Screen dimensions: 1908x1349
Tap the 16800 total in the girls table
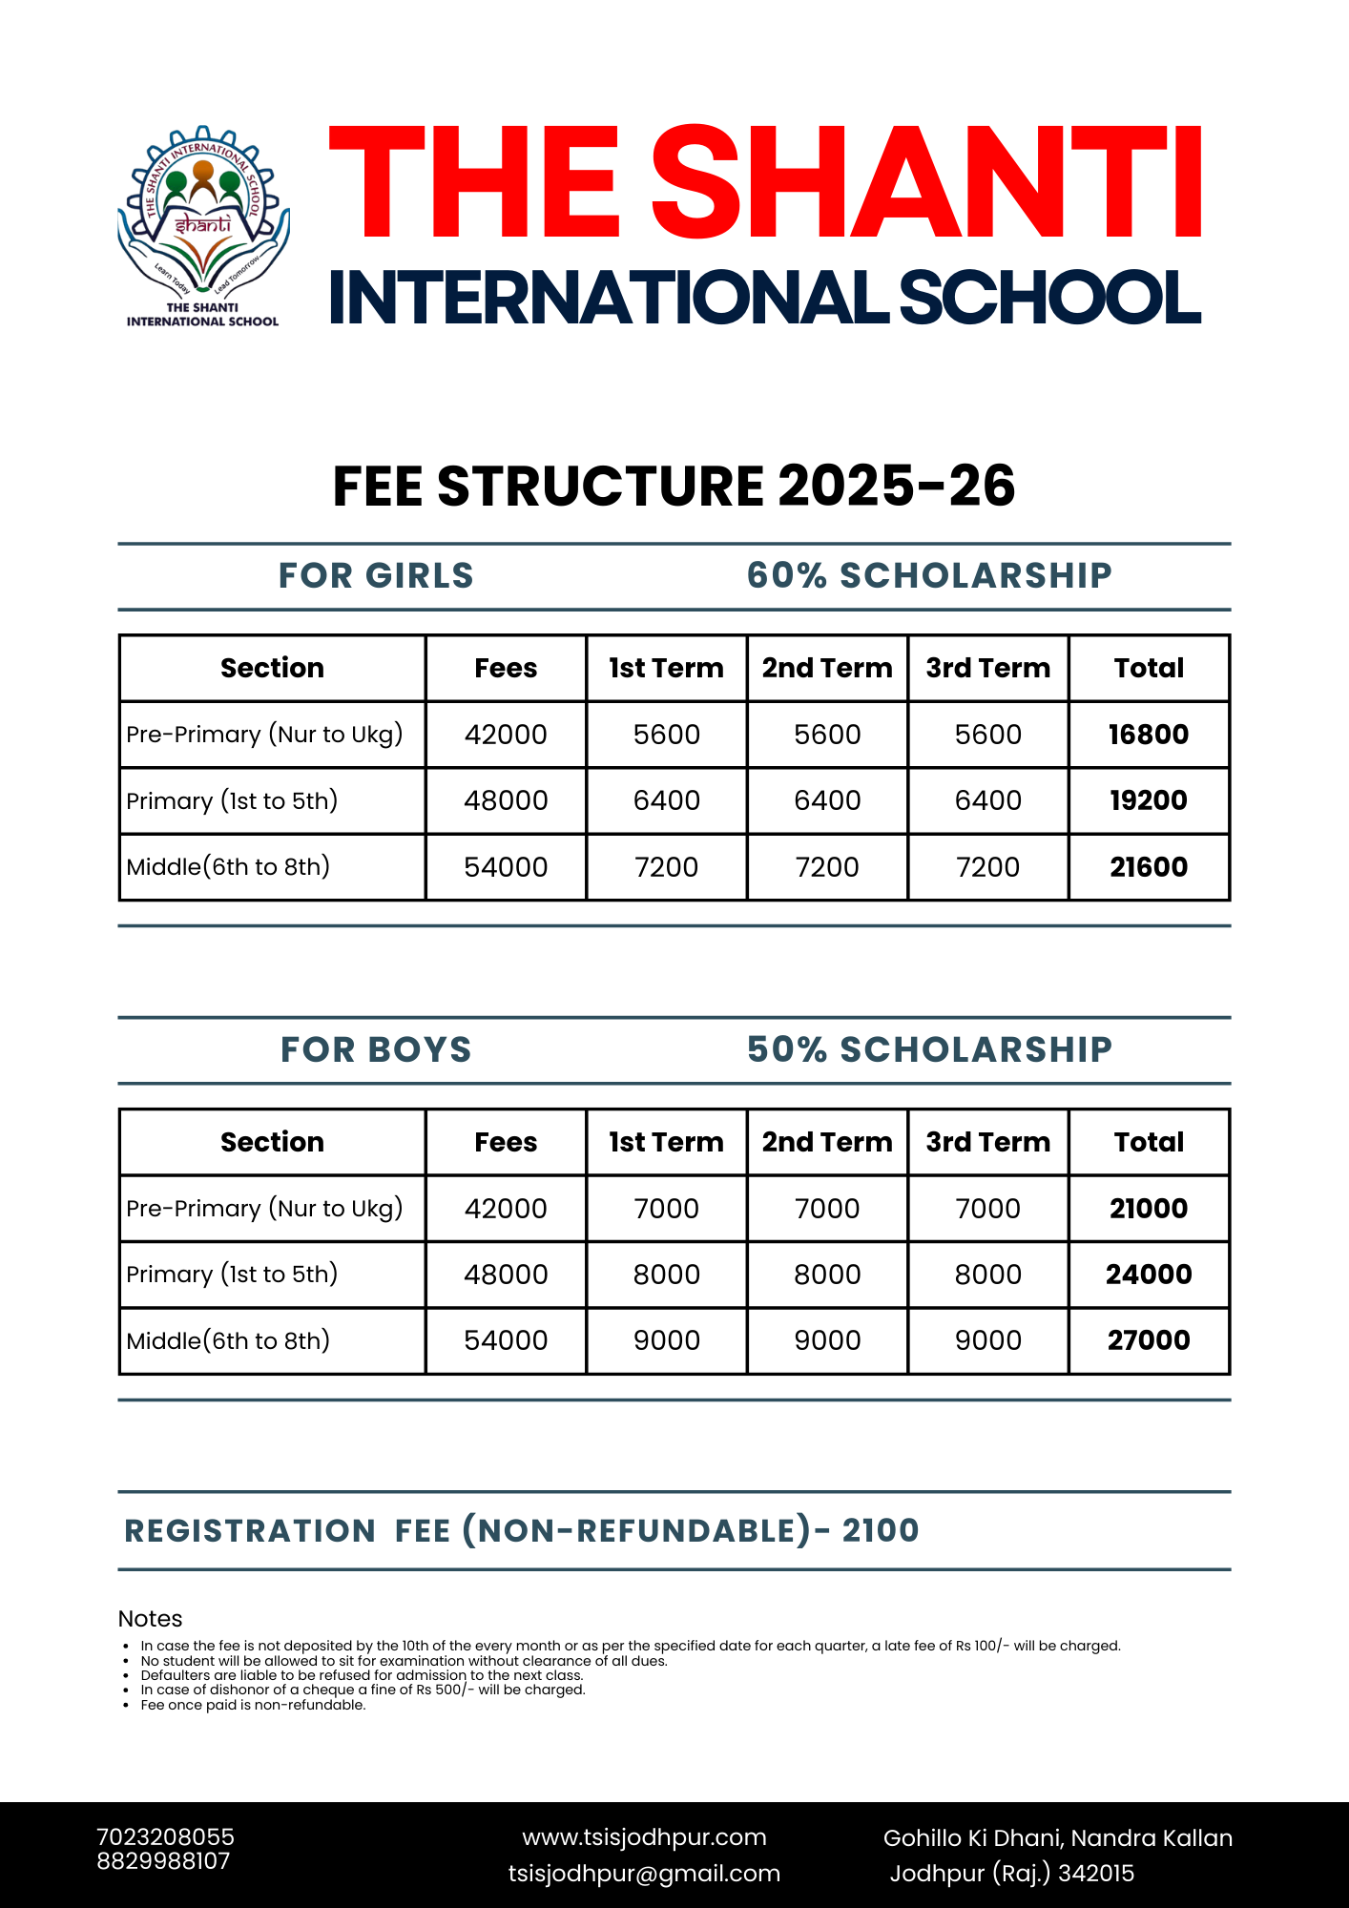[x=1149, y=735]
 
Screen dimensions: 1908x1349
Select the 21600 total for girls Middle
[x=1149, y=867]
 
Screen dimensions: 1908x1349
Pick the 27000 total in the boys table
[x=1149, y=1340]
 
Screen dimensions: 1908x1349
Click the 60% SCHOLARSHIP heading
[x=929, y=575]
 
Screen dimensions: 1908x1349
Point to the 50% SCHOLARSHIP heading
[x=929, y=1049]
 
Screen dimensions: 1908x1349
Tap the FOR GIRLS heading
[x=376, y=575]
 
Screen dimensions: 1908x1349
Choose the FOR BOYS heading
[x=376, y=1049]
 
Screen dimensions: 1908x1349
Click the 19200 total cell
[x=1149, y=800]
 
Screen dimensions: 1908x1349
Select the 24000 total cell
[x=1149, y=1275]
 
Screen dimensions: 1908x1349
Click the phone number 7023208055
[x=165, y=1837]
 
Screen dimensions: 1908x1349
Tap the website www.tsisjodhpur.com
[x=644, y=1837]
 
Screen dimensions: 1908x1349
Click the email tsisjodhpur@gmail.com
[x=644, y=1874]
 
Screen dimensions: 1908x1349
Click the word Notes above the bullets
[x=150, y=1619]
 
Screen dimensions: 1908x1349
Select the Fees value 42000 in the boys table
[x=506, y=1209]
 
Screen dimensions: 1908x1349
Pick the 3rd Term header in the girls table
[x=987, y=668]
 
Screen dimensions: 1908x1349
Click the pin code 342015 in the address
[x=1096, y=1874]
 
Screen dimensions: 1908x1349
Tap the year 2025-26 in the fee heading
[x=896, y=486]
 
